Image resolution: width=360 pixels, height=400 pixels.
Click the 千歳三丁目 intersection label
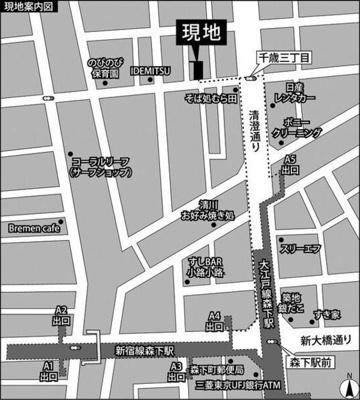pos(279,60)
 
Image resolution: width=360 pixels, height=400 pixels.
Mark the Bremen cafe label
pos(38,227)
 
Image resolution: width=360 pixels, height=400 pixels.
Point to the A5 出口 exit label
pos(290,164)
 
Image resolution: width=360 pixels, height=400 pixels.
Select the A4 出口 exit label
pos(214,321)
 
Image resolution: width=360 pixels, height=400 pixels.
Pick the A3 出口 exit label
pos(176,371)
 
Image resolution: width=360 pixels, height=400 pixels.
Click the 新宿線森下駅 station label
pos(144,350)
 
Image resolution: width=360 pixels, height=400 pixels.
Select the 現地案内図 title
pos(29,7)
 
